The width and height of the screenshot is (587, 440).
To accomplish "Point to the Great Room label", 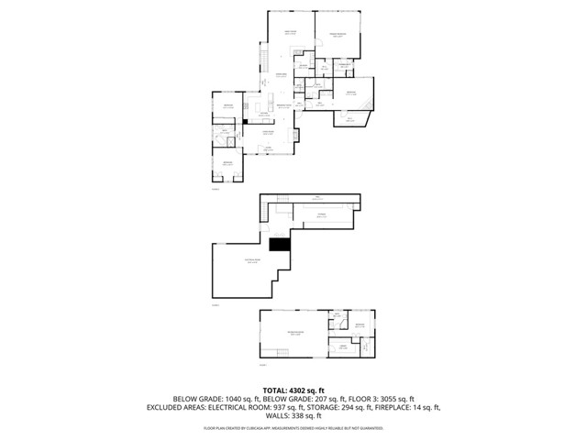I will click(x=291, y=33).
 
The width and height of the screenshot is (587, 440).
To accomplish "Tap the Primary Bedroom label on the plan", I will click(x=338, y=35).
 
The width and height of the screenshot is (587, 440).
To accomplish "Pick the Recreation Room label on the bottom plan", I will click(x=295, y=334).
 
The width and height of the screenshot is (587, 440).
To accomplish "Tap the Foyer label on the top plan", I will click(x=268, y=148).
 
